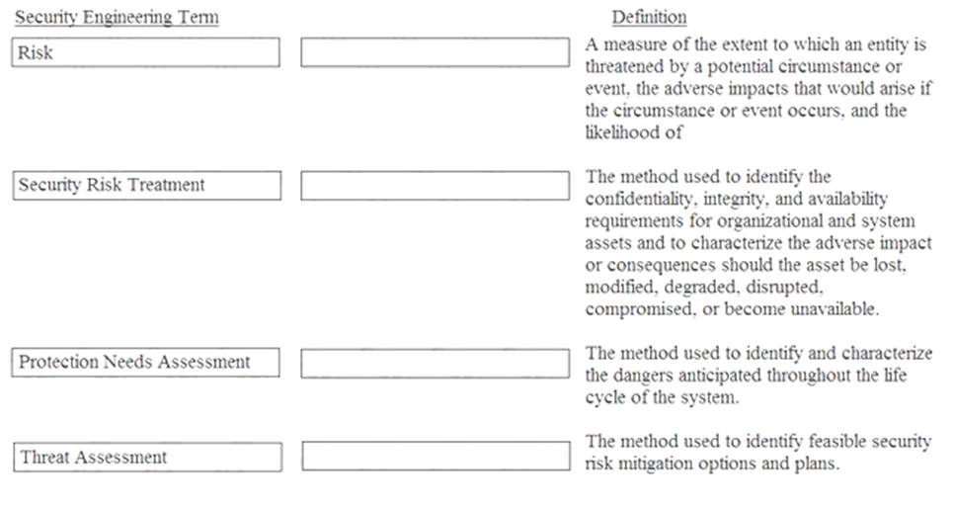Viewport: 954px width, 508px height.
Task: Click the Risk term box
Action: (146, 52)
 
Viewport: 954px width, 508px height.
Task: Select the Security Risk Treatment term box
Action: (146, 185)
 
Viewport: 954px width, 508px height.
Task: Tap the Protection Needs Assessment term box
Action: (146, 363)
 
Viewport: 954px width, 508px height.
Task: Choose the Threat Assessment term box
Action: (146, 457)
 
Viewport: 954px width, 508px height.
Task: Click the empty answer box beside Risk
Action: (435, 52)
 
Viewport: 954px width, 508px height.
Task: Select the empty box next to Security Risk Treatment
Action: (435, 185)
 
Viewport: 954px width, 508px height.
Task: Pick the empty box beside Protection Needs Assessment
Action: (435, 363)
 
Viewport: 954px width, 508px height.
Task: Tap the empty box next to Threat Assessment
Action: (435, 457)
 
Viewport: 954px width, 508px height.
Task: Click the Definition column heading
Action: (649, 18)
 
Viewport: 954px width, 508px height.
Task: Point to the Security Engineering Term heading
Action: (117, 18)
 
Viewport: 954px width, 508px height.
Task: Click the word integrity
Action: (743, 199)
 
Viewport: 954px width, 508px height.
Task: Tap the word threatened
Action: (625, 67)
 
